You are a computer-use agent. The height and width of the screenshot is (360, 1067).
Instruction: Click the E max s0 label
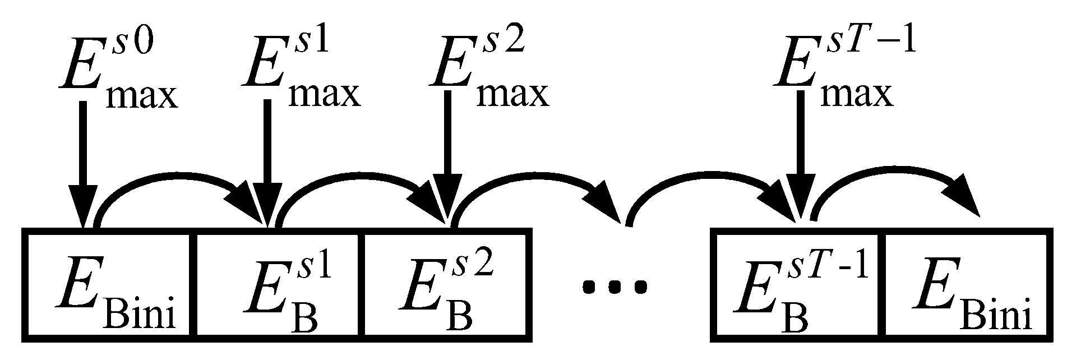pos(118,73)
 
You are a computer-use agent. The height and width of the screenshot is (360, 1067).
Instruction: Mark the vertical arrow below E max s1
pos(267,163)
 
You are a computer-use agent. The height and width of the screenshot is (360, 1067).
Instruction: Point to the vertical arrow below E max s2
pos(447,163)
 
